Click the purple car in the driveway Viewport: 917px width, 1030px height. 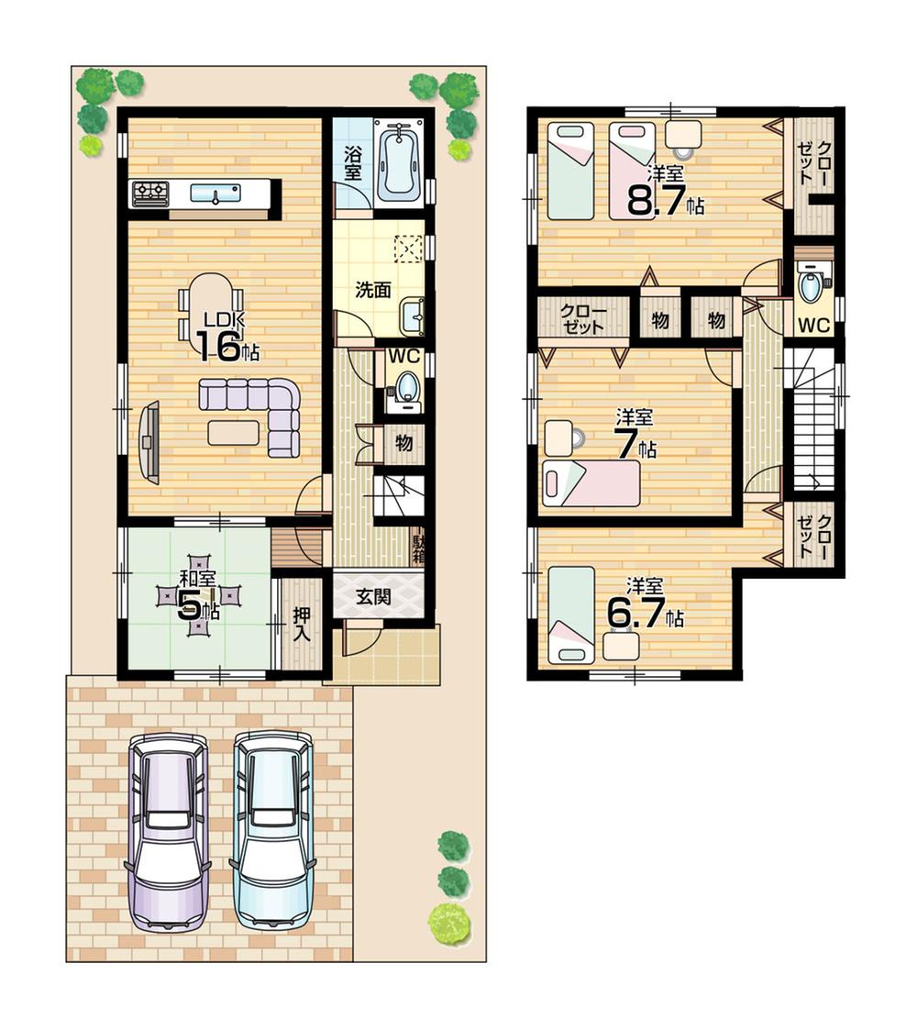click(x=167, y=831)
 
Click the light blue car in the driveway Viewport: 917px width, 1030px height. click(x=273, y=831)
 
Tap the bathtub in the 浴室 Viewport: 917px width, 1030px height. click(x=397, y=163)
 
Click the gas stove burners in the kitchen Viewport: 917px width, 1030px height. click(x=151, y=193)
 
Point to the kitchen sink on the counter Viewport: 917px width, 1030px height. click(x=215, y=193)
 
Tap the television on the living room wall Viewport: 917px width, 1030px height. click(x=149, y=442)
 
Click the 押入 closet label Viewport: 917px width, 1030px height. click(x=301, y=625)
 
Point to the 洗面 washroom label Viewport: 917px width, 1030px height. click(x=373, y=290)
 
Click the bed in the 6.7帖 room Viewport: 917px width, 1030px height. click(x=571, y=615)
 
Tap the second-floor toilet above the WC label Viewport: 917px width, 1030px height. click(x=812, y=285)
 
